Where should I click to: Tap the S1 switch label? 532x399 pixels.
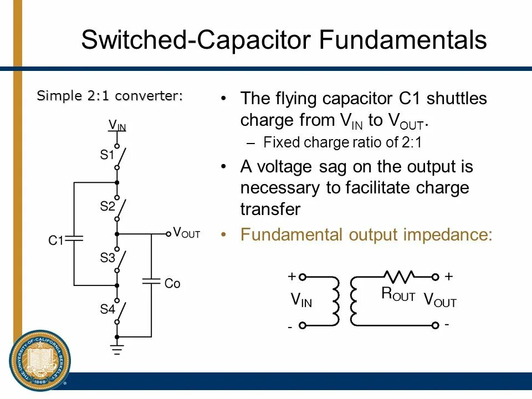pos(107,155)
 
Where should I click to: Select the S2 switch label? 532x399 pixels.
pos(107,206)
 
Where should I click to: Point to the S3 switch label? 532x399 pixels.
pos(107,258)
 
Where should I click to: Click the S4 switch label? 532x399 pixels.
pos(107,309)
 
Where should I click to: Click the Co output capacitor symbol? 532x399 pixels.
pos(151,281)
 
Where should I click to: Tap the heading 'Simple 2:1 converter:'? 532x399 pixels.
pos(110,96)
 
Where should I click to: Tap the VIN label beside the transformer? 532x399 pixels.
pos(301,300)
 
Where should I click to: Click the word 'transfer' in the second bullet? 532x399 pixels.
pos(270,209)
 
